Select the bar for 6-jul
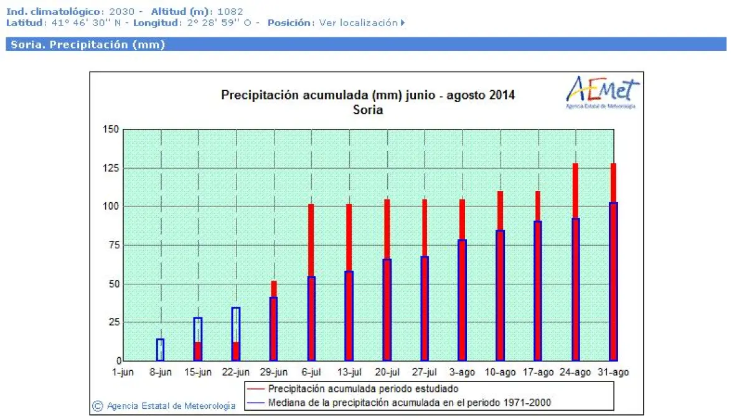tap(311, 282)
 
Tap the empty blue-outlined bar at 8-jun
tap(160, 350)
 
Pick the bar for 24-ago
tap(576, 262)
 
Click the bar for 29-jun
tap(273, 321)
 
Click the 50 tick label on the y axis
tap(113, 284)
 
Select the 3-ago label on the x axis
tap(463, 372)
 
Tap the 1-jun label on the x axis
tap(123, 372)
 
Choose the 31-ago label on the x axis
tap(614, 372)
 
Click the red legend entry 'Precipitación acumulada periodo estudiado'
tap(363, 389)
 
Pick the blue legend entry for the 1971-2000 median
tap(409, 403)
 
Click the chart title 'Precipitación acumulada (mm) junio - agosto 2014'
tap(368, 95)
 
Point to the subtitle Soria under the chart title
tap(368, 110)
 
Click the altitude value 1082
tap(230, 11)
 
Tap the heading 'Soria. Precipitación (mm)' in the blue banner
tap(88, 45)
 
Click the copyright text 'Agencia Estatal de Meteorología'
tap(171, 406)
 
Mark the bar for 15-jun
tap(198, 339)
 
